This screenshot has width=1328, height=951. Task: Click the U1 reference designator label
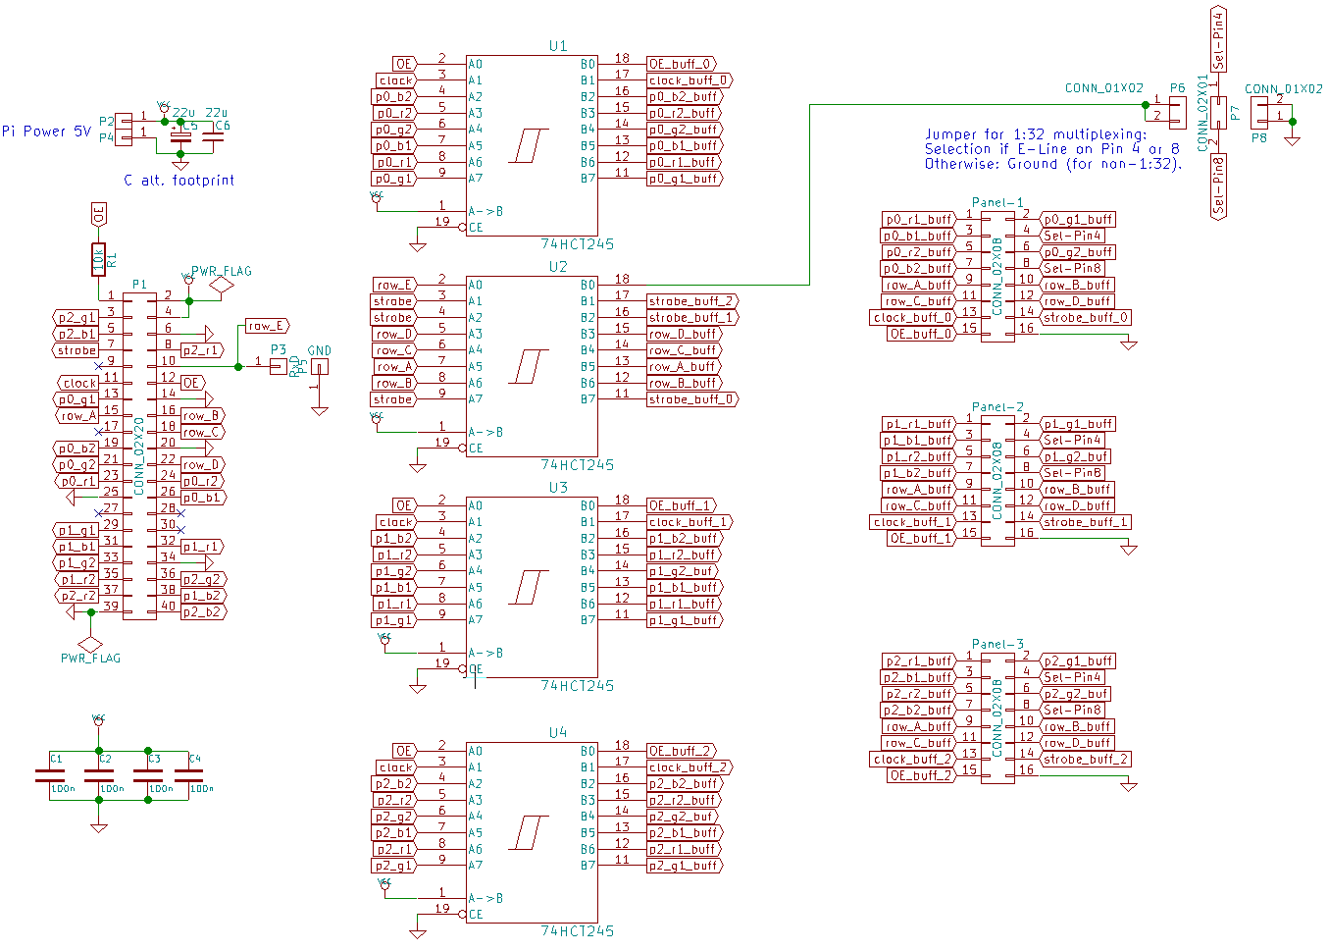click(557, 46)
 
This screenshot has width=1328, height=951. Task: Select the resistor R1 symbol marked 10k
click(98, 259)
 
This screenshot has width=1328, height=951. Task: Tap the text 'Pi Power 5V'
click(46, 131)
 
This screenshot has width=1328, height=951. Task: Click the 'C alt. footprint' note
click(179, 181)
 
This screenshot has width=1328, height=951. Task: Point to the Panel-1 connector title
click(997, 202)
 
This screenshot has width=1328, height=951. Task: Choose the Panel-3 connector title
click(997, 644)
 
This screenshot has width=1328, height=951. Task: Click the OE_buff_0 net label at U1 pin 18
click(681, 64)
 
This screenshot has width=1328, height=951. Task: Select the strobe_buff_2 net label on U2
click(691, 301)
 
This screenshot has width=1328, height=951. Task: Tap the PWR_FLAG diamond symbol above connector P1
click(222, 285)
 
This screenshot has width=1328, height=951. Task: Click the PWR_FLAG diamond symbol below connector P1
click(90, 644)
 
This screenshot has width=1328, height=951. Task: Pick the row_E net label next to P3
click(266, 326)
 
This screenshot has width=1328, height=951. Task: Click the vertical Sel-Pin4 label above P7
click(1218, 39)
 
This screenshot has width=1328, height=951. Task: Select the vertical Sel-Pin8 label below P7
click(1218, 186)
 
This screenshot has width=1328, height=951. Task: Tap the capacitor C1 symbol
click(49, 774)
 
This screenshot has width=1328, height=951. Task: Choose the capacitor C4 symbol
click(188, 774)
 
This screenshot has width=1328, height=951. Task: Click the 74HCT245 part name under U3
click(578, 685)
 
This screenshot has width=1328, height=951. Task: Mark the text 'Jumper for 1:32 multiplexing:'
click(1035, 134)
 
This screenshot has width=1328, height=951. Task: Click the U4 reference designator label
click(557, 733)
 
